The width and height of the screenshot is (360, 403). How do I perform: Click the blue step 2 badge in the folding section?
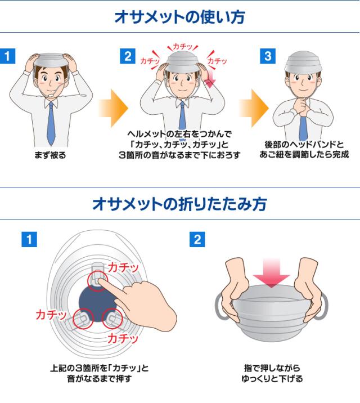tap(196, 239)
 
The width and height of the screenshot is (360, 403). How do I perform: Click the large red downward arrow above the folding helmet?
tap(272, 274)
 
